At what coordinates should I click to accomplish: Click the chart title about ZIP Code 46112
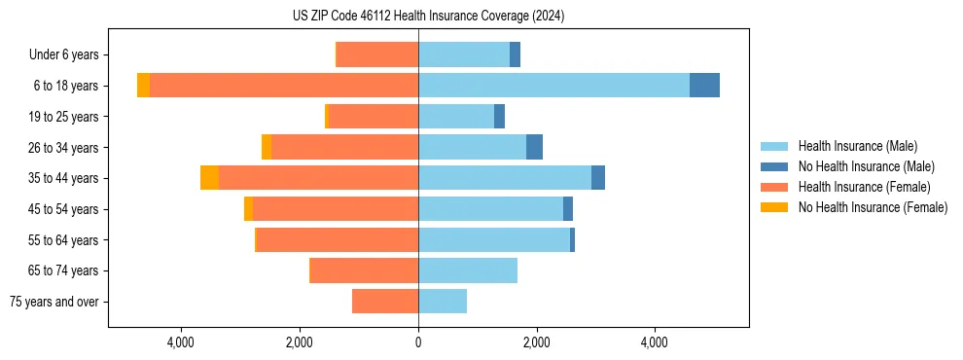[x=428, y=17]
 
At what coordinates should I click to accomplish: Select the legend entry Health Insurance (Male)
[x=857, y=146]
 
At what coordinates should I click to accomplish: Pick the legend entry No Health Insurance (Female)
[x=873, y=207]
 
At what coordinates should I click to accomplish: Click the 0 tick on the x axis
[x=418, y=342]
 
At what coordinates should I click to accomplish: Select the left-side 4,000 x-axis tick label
[x=182, y=342]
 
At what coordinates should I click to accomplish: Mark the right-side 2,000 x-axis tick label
[x=536, y=342]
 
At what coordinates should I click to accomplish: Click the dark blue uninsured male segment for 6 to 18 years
[x=704, y=86]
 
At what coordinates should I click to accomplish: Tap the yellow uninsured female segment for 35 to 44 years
[x=209, y=178]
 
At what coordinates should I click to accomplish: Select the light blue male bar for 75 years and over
[x=443, y=302]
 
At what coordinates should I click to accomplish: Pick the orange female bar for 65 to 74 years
[x=364, y=270]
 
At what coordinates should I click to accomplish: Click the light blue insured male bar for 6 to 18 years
[x=553, y=86]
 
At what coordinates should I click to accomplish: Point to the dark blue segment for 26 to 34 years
[x=534, y=147]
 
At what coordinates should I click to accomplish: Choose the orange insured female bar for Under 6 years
[x=377, y=54]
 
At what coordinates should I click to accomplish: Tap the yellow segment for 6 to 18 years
[x=143, y=86]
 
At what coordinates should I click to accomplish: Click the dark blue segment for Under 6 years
[x=515, y=54]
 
